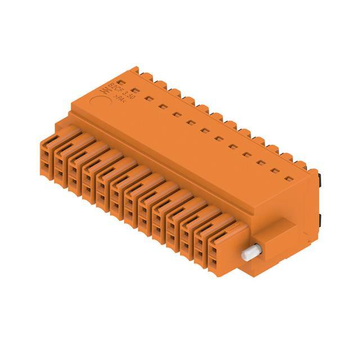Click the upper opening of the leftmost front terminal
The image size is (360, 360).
[45, 153]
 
